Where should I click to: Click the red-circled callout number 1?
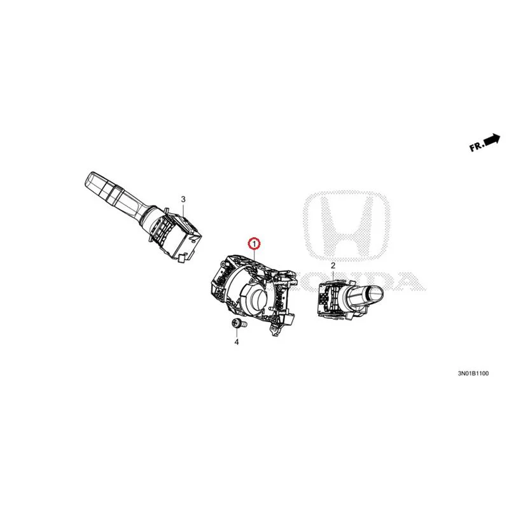(x=254, y=243)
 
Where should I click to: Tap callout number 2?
(x=333, y=265)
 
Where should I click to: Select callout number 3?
(x=183, y=199)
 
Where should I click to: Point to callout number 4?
(x=237, y=342)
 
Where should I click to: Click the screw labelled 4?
(x=239, y=324)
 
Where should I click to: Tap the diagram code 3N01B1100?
(x=473, y=373)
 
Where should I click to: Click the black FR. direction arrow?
(x=492, y=140)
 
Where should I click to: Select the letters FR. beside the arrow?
(x=477, y=147)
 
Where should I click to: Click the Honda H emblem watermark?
(x=346, y=226)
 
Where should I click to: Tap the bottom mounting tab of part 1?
(x=274, y=330)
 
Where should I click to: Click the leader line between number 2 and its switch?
(x=333, y=275)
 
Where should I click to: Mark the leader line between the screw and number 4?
(x=237, y=333)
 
